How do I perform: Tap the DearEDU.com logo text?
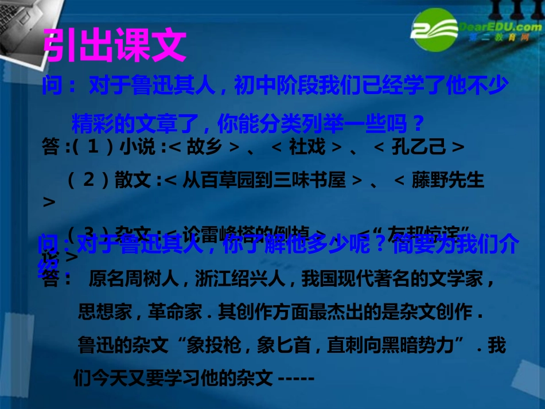[496, 27]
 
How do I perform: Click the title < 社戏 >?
[306, 147]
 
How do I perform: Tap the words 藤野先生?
[448, 181]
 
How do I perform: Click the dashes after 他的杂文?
[295, 379]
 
